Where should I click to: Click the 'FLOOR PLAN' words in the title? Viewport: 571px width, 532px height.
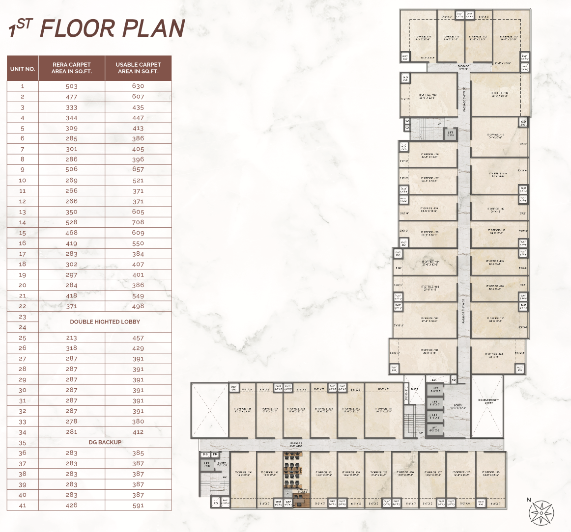pyautogui.click(x=112, y=28)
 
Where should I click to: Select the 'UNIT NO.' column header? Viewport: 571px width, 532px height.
pyautogui.click(x=23, y=69)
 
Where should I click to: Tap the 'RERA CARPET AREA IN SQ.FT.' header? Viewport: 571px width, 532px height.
pyautogui.click(x=72, y=68)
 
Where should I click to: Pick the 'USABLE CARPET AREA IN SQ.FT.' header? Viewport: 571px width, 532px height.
pyautogui.click(x=138, y=68)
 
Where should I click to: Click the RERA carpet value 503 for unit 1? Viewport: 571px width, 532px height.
pyautogui.click(x=72, y=86)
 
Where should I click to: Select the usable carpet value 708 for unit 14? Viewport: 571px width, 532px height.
pyautogui.click(x=138, y=222)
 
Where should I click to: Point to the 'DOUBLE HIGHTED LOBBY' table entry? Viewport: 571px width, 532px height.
pyautogui.click(x=105, y=322)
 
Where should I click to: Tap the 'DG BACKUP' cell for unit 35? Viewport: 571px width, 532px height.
pyautogui.click(x=105, y=442)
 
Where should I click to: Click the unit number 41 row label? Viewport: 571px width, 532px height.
pyautogui.click(x=23, y=505)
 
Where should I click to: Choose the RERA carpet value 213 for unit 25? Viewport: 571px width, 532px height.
pyautogui.click(x=72, y=338)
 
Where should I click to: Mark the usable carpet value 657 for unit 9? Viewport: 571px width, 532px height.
pyautogui.click(x=138, y=169)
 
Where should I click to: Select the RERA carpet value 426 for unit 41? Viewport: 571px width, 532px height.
pyautogui.click(x=72, y=505)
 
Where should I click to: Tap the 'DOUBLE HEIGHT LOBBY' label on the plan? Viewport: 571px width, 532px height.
pyautogui.click(x=488, y=401)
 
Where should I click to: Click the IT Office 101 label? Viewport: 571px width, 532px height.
pyautogui.click(x=429, y=351)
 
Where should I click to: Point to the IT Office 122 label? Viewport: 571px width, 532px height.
pyautogui.click(x=494, y=355)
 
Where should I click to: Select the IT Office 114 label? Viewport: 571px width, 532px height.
pyautogui.click(x=499, y=94)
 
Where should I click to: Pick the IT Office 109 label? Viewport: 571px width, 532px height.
pyautogui.click(x=428, y=96)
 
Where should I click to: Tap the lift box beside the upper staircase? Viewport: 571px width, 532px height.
pyautogui.click(x=450, y=133)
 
